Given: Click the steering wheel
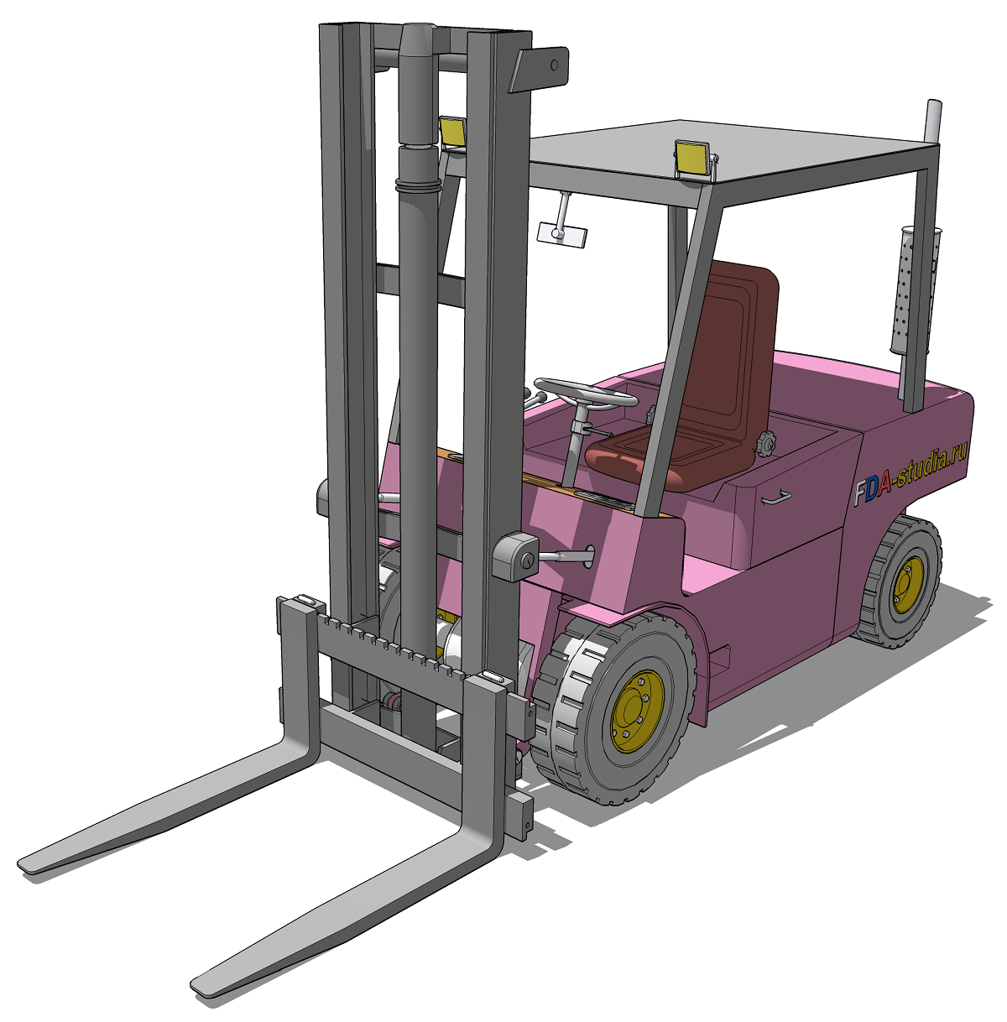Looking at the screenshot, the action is (586, 393).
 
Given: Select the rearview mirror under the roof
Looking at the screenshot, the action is (562, 234).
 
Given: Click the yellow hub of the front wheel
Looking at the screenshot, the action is (637, 710).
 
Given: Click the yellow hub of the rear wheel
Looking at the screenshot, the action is (908, 584).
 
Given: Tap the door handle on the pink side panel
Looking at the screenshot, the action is (775, 497).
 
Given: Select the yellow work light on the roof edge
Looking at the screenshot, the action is (693, 159).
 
